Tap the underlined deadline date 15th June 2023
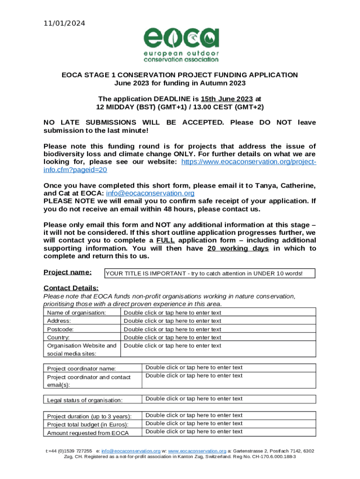coord(227,99)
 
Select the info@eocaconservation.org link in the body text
coord(150,193)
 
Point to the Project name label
coord(67,272)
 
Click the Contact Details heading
coord(71,288)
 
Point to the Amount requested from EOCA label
coord(88,433)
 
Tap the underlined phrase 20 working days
coord(238,248)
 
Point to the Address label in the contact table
coord(59,321)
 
